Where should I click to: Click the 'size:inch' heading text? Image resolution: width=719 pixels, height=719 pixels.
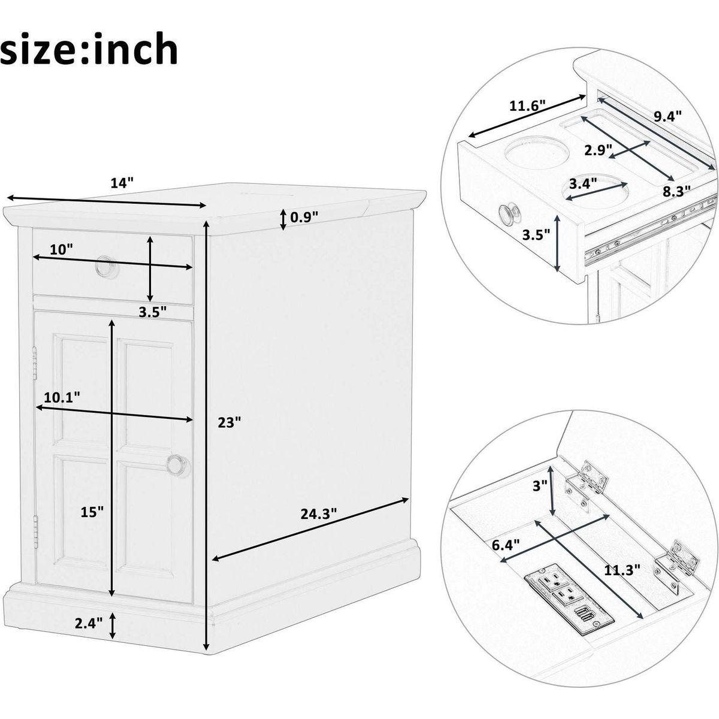pos(89,49)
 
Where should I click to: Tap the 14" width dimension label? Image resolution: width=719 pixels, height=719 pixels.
pos(122,183)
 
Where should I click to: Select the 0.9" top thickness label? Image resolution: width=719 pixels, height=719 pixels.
pos(304,216)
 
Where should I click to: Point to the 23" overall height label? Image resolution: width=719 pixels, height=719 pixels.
pos(229,422)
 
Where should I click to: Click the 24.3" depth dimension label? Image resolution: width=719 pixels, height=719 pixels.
pos(319,513)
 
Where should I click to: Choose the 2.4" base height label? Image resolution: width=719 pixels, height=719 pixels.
pos(89,623)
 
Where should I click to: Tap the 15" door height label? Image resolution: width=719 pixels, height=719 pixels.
pos(92,512)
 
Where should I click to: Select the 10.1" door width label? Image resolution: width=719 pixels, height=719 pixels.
pos(62,397)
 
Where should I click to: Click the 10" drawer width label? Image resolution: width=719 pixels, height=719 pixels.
pos(61,249)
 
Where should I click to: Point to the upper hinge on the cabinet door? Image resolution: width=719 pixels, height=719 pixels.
pos(35,361)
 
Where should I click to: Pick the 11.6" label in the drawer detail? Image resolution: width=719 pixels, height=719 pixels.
pos(528,106)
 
